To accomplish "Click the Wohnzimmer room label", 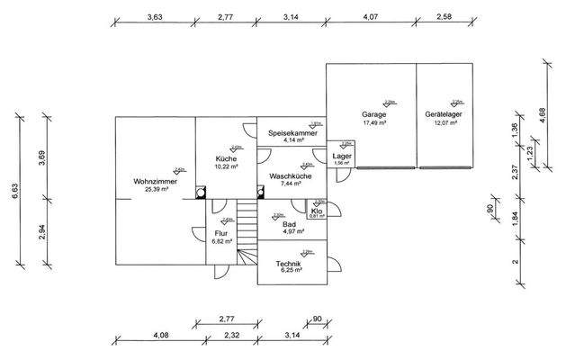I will (155, 181).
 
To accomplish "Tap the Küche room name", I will (226, 158).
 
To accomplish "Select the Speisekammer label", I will (292, 133).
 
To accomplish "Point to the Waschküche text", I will (291, 175).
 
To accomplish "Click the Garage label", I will (374, 115).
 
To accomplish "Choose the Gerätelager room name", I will (444, 115).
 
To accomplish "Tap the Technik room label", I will (289, 262).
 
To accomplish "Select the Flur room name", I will (220, 233).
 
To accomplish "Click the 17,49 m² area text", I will (374, 123).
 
